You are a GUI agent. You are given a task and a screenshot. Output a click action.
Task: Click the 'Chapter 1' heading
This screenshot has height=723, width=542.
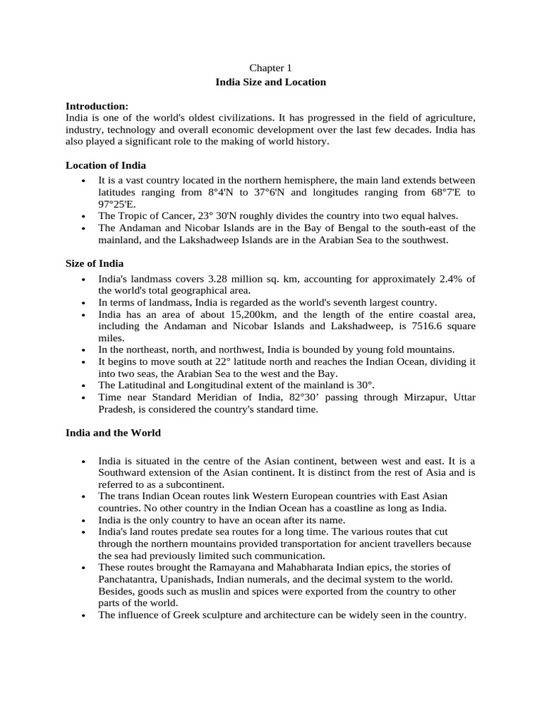270,68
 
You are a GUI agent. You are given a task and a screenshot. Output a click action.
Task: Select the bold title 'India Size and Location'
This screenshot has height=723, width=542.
270,82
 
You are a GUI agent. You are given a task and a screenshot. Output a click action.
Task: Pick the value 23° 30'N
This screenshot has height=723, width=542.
211,216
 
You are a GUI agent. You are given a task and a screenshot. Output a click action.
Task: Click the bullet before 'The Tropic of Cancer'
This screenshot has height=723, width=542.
84,217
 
